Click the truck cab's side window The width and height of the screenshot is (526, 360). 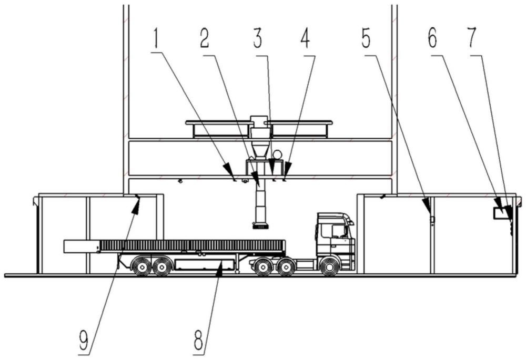coord(338,231)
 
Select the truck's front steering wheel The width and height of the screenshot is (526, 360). coord(329,266)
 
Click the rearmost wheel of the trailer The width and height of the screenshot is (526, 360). coord(141,266)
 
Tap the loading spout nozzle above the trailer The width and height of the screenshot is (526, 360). coord(260,226)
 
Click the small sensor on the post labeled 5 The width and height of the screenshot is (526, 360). coord(432,219)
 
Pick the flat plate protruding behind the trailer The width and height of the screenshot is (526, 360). coord(82,246)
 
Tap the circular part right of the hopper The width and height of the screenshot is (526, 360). coord(276,154)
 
